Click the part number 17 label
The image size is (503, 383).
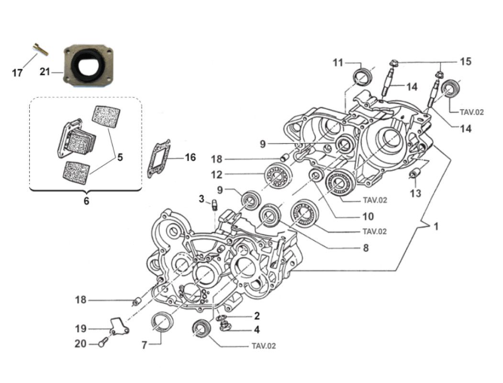17,73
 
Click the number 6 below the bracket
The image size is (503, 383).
86,201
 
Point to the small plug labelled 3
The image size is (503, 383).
215,205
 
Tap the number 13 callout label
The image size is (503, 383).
415,193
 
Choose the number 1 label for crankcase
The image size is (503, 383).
436,226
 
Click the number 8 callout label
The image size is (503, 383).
366,248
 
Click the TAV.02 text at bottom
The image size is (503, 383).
264,346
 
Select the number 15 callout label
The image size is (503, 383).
465,61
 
